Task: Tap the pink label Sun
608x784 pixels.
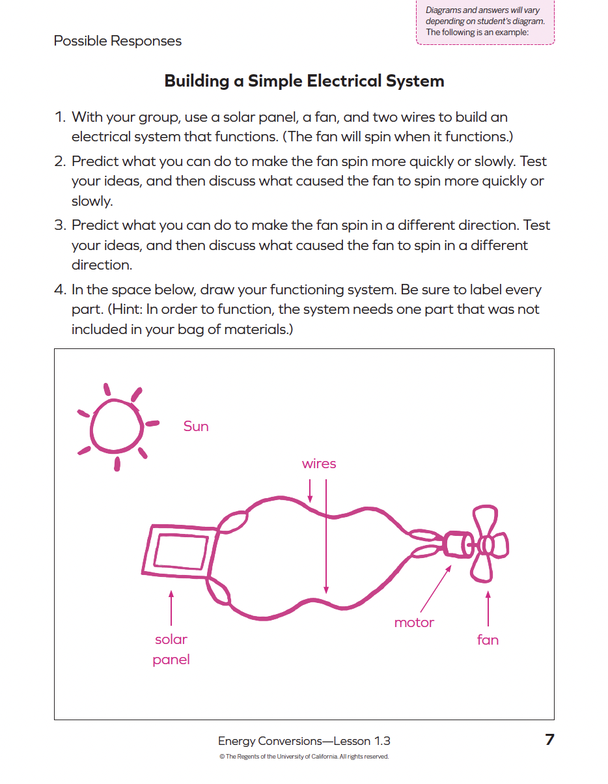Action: click(x=196, y=427)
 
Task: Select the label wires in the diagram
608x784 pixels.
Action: click(x=319, y=464)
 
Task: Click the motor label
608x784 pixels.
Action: click(x=414, y=623)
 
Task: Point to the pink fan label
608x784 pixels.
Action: click(x=488, y=639)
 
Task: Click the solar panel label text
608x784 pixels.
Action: click(x=171, y=649)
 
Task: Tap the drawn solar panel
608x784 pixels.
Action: click(x=180, y=551)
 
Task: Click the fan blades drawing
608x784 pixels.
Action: click(x=488, y=544)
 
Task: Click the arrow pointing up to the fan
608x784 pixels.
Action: click(x=488, y=609)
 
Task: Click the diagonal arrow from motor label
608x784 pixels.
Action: click(x=435, y=589)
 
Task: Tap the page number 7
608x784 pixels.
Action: click(x=549, y=740)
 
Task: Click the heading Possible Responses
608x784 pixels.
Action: click(x=118, y=41)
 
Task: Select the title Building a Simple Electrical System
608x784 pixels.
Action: click(x=304, y=81)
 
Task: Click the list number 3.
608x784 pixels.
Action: click(x=60, y=225)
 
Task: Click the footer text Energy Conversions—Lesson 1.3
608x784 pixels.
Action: click(x=304, y=741)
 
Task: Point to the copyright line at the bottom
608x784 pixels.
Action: click(x=304, y=757)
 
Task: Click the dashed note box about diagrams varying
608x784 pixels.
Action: click(x=485, y=21)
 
